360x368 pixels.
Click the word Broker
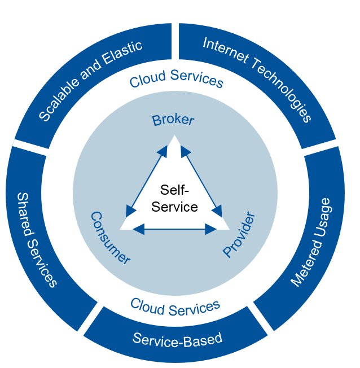point(173,120)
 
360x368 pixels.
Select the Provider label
point(239,234)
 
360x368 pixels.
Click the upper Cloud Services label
point(177,79)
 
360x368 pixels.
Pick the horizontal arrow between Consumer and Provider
point(175,229)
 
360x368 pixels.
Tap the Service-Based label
point(177,339)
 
